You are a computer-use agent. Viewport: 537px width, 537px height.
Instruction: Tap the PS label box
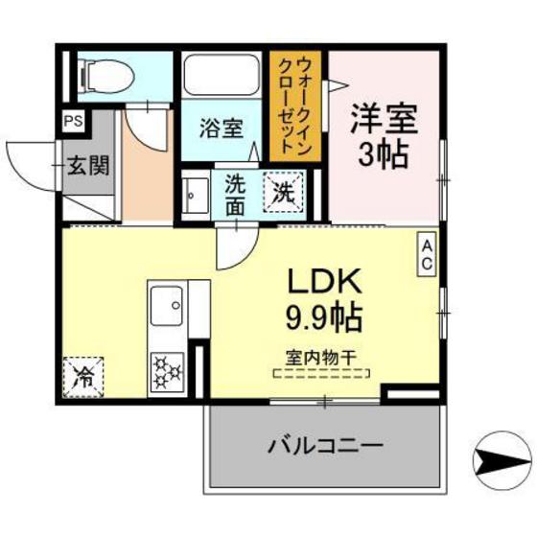click(x=73, y=122)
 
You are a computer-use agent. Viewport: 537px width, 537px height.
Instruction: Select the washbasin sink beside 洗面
click(x=197, y=196)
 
